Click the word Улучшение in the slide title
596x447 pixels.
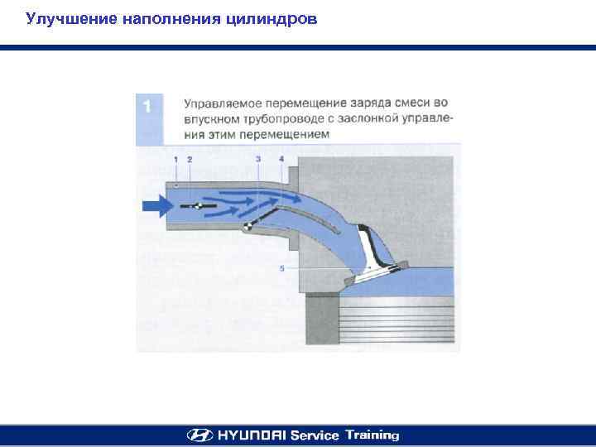(71, 19)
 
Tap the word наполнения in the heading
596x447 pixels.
(171, 19)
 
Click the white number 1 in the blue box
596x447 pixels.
(147, 106)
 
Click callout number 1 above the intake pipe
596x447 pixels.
(175, 160)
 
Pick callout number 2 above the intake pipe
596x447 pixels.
(190, 160)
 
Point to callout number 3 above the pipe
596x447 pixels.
(258, 159)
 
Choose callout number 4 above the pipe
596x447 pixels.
(281, 159)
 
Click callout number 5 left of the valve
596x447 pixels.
(281, 268)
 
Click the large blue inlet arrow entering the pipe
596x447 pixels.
(157, 206)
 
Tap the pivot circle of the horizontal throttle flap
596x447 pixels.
(198, 206)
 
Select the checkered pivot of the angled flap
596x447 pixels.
(247, 226)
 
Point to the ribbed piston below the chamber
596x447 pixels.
(397, 320)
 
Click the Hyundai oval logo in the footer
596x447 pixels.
(199, 435)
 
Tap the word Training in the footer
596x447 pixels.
(372, 435)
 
